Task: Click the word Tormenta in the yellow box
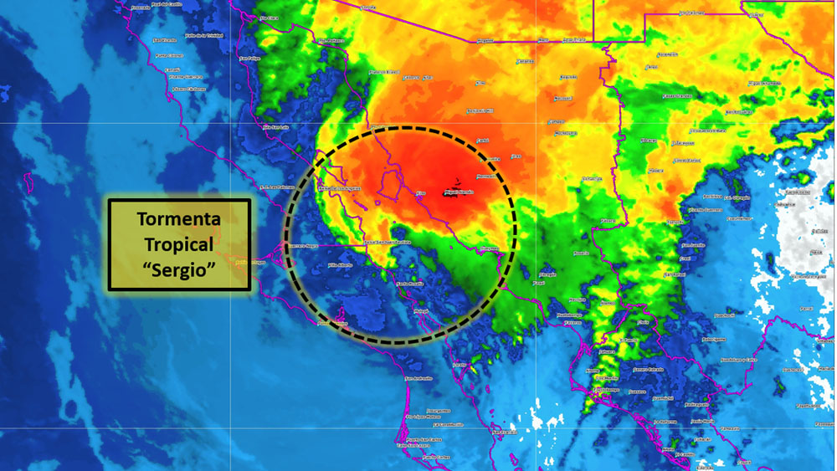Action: coord(179,220)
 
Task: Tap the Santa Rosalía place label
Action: coord(410,283)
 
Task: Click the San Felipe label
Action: coord(249,59)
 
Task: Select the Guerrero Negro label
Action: coord(303,246)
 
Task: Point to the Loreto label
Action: coord(459,365)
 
